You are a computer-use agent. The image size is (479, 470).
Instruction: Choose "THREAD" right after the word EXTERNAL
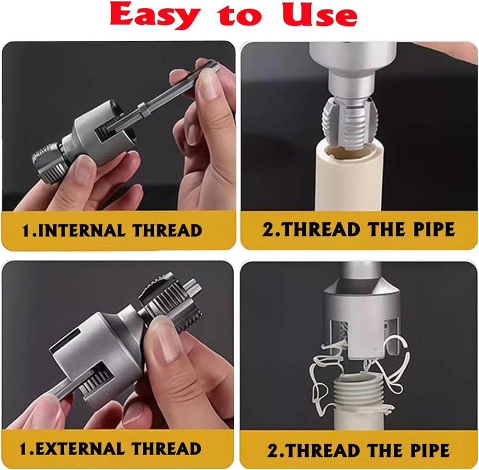(x=166, y=449)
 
